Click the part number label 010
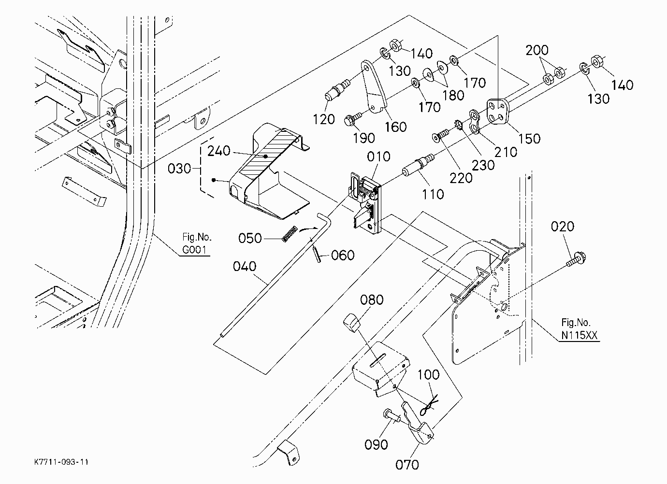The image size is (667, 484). coord(378,157)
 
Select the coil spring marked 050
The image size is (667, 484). coord(290,234)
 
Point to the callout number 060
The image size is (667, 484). coord(342,255)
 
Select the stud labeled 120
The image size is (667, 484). coord(337,89)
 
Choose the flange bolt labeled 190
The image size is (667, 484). coord(352,118)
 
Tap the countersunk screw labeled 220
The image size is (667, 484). coord(440,135)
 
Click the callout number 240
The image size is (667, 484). coord(219,151)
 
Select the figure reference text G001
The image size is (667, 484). coord(194,249)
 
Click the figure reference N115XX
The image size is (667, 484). coord(579,335)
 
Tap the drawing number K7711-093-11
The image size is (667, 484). coord(61,462)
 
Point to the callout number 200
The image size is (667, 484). coord(536,50)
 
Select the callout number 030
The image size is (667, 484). coord(179,169)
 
